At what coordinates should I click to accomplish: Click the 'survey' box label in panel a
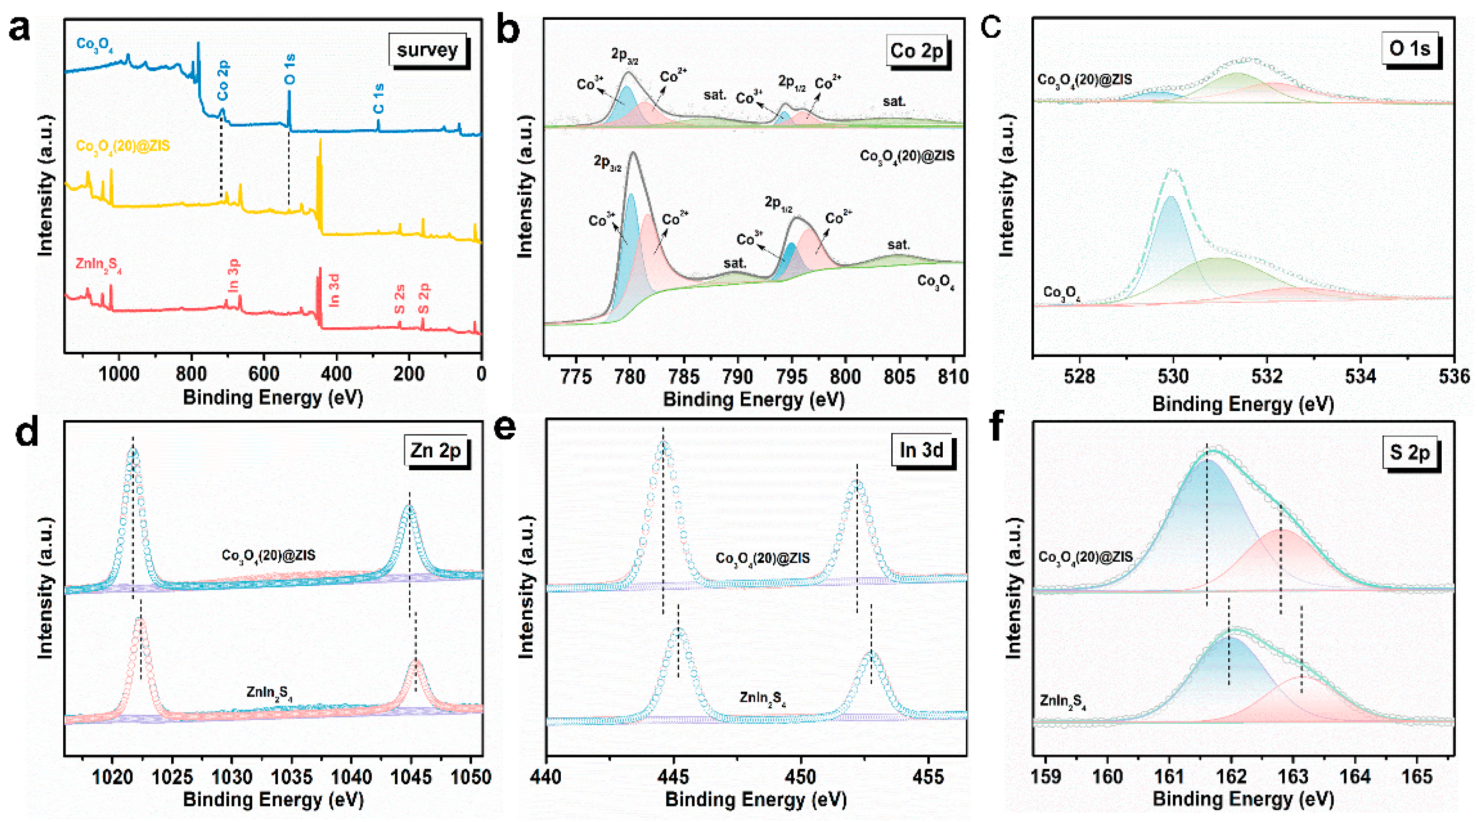(427, 50)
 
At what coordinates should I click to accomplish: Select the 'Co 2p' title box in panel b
(916, 51)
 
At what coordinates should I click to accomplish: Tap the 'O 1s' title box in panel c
(1409, 49)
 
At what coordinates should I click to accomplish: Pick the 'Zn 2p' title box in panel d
(435, 451)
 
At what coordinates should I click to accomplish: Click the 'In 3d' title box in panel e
(921, 450)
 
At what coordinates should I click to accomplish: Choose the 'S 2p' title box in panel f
(1409, 453)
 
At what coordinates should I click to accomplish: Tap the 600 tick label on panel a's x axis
(264, 374)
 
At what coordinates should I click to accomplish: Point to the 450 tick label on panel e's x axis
(800, 777)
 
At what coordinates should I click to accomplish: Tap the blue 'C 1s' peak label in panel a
(378, 99)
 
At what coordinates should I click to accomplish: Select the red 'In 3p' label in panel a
(233, 276)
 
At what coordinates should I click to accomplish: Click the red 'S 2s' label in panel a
(399, 299)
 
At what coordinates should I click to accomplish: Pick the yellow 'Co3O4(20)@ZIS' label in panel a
(123, 146)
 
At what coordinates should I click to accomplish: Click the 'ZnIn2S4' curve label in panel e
(762, 698)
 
